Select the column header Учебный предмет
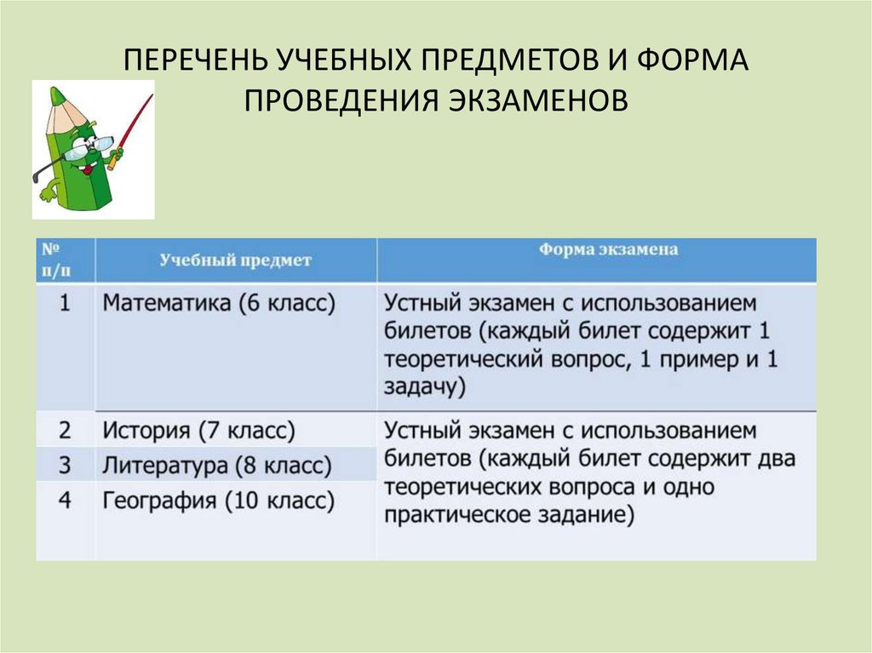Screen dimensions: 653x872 pyautogui.click(x=236, y=261)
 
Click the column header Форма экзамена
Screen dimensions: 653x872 pyautogui.click(x=608, y=250)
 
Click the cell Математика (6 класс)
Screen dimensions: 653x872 pyautogui.click(x=220, y=303)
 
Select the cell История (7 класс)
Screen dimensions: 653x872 pyautogui.click(x=199, y=431)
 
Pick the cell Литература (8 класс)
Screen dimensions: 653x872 pyautogui.click(x=216, y=466)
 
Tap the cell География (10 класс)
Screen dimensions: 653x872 pyautogui.click(x=219, y=500)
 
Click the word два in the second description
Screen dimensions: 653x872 pyautogui.click(x=773, y=459)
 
